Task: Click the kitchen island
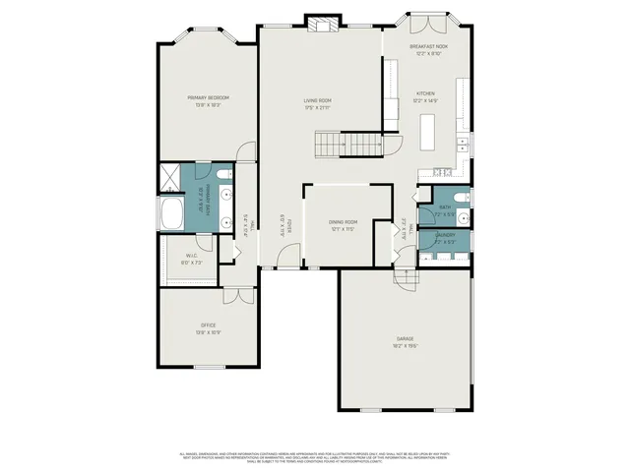(428, 130)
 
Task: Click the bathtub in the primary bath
(171, 214)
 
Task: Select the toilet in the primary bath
(224, 175)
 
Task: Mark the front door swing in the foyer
(286, 257)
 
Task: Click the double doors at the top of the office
(236, 295)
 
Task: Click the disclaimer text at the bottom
(315, 456)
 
